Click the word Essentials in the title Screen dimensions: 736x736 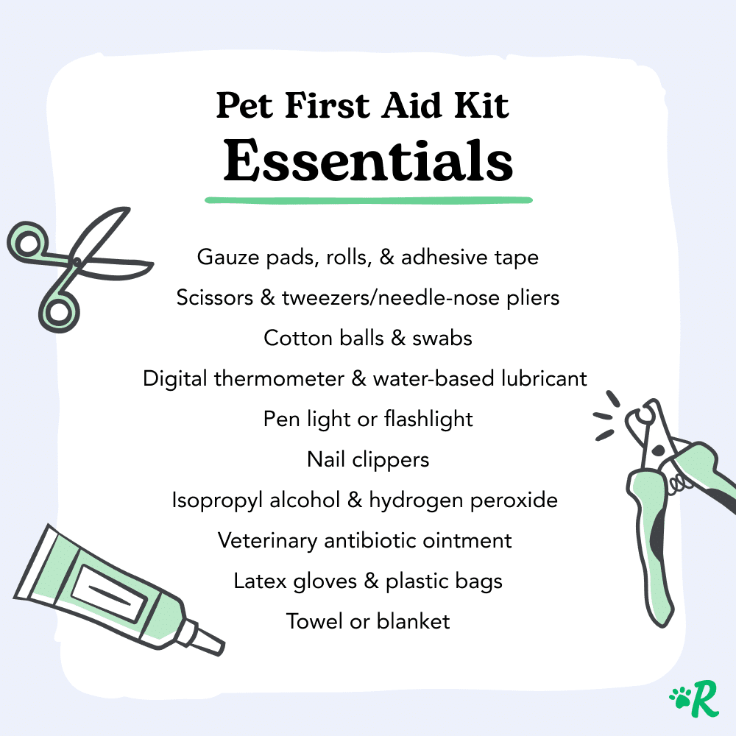point(368,160)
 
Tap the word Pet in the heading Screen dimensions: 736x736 point(244,105)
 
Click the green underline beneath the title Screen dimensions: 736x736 point(369,200)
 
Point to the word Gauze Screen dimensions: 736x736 point(228,257)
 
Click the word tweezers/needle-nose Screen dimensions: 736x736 point(391,298)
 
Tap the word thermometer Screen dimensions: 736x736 point(279,378)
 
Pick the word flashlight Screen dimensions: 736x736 point(428,420)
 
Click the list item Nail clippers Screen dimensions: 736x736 point(368,459)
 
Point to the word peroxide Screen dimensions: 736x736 point(514,500)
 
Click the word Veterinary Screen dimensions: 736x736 point(268,541)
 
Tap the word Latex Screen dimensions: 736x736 point(260,581)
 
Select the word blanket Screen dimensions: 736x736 point(413,621)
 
